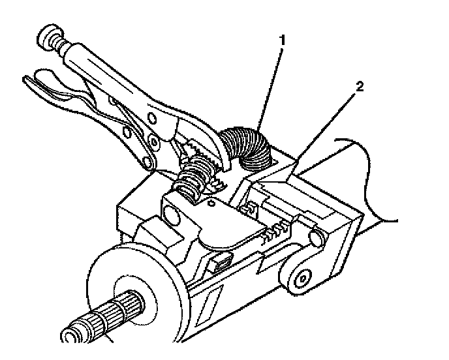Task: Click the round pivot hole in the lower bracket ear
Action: [303, 279]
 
